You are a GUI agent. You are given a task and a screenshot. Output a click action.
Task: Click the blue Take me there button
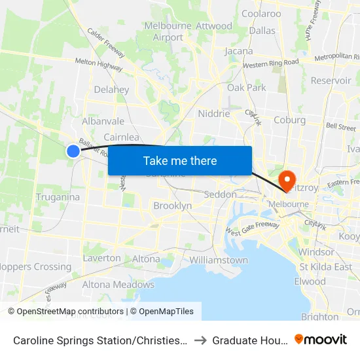[180, 160]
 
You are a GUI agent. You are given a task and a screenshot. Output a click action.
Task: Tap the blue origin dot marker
[73, 151]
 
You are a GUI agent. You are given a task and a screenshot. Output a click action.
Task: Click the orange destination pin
[287, 180]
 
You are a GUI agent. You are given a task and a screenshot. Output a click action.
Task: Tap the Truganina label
[58, 197]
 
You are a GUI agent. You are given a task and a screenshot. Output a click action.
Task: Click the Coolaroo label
[261, 13]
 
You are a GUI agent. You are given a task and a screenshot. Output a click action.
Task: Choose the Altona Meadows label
[118, 285]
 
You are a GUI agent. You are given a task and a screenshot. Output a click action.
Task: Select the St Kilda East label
[325, 267]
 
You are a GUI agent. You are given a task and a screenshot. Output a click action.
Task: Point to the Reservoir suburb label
[331, 81]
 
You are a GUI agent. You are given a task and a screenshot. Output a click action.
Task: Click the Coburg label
[289, 120]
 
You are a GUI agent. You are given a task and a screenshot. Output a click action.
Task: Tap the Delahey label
[111, 90]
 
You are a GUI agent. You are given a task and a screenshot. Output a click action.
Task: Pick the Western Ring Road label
[270, 63]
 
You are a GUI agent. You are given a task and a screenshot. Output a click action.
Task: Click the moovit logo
[321, 339]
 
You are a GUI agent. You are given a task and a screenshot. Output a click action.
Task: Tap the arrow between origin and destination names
[200, 340]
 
